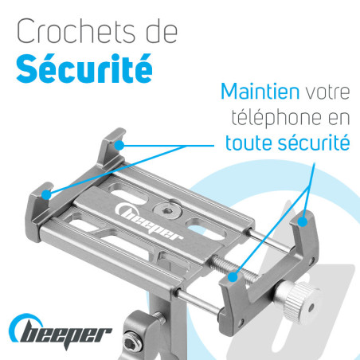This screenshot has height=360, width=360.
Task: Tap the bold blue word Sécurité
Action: tap(84, 68)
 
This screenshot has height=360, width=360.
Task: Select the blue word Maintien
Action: tap(260, 92)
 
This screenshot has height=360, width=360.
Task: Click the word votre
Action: tap(327, 92)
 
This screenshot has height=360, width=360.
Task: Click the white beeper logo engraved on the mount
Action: tap(149, 221)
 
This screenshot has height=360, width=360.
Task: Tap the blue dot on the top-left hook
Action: tap(119, 145)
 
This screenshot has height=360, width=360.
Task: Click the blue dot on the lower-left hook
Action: tap(47, 194)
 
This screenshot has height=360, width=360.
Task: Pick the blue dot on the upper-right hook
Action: tap(303, 221)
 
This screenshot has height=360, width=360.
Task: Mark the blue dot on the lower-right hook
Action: tap(233, 277)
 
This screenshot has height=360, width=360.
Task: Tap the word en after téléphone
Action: tap(339, 119)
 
